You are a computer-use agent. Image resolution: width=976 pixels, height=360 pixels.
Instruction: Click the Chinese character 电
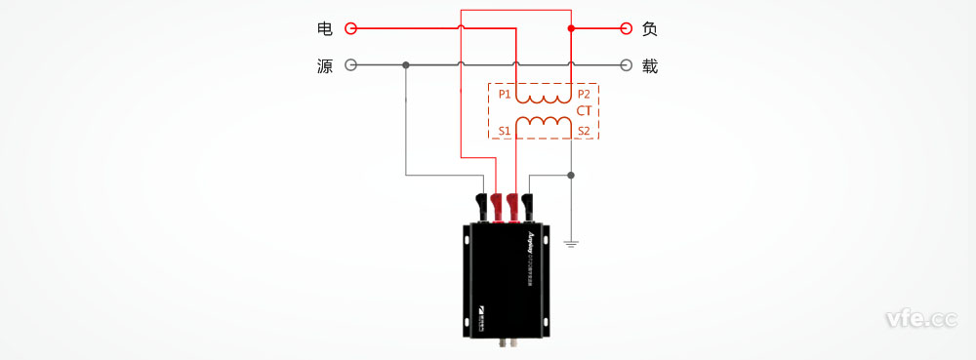(325, 28)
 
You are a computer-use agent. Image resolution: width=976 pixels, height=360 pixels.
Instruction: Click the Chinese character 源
(325, 66)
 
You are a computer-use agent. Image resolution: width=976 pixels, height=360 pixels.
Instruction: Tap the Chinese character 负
(650, 28)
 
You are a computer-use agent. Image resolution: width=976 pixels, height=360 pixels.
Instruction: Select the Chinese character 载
(650, 66)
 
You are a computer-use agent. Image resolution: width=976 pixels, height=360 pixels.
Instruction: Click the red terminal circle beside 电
(351, 28)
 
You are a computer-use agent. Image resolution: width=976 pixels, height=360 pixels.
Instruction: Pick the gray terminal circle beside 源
(351, 66)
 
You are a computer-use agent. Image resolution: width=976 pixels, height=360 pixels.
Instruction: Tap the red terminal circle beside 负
(624, 28)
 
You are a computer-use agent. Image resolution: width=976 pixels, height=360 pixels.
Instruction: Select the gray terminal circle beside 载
(624, 66)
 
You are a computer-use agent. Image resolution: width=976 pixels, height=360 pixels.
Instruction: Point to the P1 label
(504, 95)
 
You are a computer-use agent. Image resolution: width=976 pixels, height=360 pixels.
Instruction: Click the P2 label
(584, 95)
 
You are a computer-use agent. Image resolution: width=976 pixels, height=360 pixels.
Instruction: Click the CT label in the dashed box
(584, 111)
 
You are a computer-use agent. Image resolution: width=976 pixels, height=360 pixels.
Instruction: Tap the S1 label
(504, 130)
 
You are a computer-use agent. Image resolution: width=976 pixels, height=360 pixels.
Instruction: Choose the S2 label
(584, 130)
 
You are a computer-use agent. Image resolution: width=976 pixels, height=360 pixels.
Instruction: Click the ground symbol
(571, 241)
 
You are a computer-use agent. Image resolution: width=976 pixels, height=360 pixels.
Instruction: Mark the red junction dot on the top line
(571, 28)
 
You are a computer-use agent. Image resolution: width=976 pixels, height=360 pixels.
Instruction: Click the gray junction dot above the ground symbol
(571, 177)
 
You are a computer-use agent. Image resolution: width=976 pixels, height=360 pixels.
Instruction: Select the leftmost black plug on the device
(481, 205)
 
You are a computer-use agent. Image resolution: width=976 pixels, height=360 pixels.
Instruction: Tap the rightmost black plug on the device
(527, 205)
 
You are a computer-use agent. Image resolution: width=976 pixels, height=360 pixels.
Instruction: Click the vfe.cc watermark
(919, 319)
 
